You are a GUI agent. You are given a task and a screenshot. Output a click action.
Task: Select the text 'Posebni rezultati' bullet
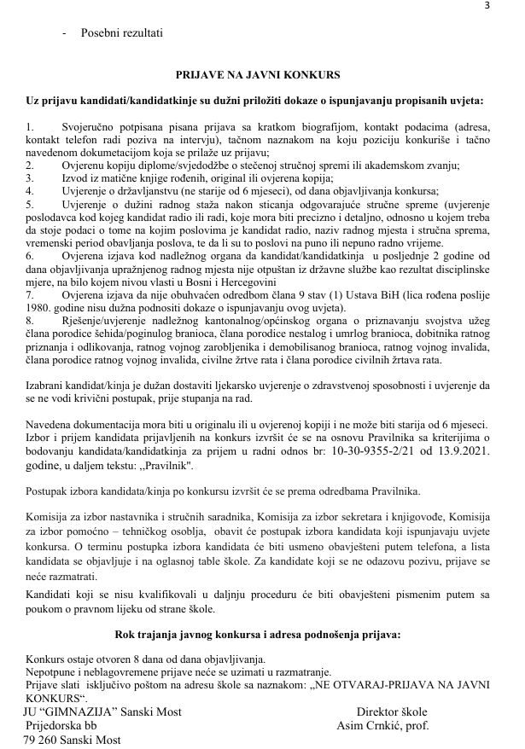point(122,32)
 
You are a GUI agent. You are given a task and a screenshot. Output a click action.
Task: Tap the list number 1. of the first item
point(31,127)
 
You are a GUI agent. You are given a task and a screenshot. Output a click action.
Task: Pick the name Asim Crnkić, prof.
point(382,727)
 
